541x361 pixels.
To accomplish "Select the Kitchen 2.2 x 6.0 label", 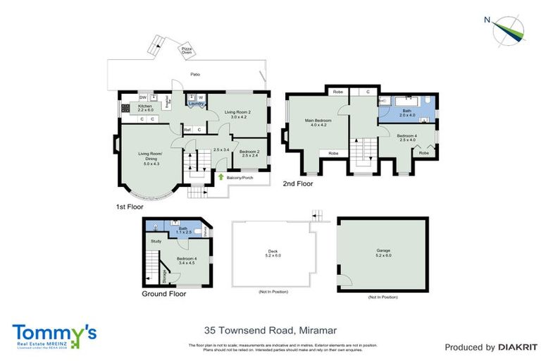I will pyautogui.click(x=145, y=108).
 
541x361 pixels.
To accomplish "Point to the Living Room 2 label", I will pyautogui.click(x=237, y=114).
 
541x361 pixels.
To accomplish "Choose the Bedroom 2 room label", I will pyautogui.click(x=248, y=153).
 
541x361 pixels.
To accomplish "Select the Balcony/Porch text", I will pyautogui.click(x=241, y=178).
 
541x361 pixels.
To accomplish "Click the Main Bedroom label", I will pyautogui.click(x=318, y=123).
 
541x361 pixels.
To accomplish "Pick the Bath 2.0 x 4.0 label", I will pyautogui.click(x=406, y=112).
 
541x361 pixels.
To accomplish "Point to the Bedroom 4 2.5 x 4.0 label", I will pyautogui.click(x=407, y=137).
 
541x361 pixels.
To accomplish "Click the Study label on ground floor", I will pyautogui.click(x=156, y=242).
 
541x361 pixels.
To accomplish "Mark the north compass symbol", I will pyautogui.click(x=509, y=29).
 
